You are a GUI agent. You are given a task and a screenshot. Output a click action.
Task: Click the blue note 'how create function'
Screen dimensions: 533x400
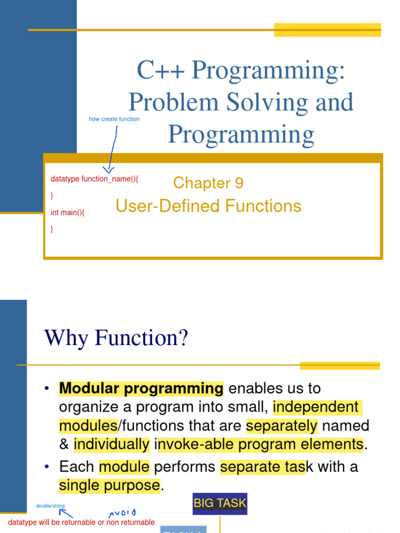pos(114,119)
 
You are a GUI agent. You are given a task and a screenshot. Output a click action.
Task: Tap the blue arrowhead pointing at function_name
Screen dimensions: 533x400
pos(108,168)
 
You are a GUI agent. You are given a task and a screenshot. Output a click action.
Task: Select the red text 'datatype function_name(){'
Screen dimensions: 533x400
pos(94,179)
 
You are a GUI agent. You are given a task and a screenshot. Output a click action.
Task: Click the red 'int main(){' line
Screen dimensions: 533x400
pos(67,212)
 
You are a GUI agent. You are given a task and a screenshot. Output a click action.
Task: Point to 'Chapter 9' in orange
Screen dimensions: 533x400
pos(208,183)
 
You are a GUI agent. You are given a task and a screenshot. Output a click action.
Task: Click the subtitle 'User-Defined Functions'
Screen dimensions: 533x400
pos(208,206)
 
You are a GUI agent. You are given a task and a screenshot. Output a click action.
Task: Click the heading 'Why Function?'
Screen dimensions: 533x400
pos(116,338)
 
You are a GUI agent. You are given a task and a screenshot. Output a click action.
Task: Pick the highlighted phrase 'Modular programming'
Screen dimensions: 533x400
pos(141,388)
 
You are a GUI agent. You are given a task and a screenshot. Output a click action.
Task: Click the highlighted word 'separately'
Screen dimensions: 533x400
pos(281,426)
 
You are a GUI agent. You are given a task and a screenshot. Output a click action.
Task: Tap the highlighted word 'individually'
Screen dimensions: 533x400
pos(111,445)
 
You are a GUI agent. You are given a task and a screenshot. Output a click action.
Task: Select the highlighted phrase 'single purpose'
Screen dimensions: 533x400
pos(109,486)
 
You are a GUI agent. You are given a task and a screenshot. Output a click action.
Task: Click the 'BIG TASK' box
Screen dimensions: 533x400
pos(220,503)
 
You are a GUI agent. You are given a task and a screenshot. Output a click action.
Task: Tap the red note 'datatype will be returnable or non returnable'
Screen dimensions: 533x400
pos(81,522)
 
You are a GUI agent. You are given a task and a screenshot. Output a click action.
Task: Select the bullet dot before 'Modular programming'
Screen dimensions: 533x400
pos(47,389)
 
